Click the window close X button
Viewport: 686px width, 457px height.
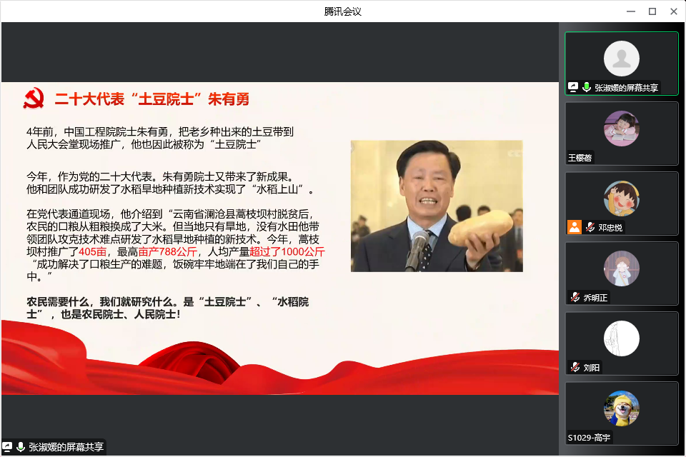tap(674, 11)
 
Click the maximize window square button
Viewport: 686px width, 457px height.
tap(652, 11)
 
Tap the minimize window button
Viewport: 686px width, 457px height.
tap(631, 11)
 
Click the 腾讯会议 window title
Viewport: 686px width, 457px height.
tap(342, 11)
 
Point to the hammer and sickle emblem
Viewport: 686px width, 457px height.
tap(34, 99)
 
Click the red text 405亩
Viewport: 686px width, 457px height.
tap(93, 252)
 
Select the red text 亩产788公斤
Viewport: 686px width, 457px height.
tap(167, 252)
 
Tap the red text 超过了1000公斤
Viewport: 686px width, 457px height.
tap(287, 252)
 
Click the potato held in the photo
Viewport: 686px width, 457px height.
tap(480, 227)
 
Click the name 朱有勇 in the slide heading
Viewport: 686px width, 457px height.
tap(229, 99)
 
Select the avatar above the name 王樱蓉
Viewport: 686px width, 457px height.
tap(621, 129)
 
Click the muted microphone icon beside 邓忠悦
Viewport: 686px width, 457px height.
tap(590, 227)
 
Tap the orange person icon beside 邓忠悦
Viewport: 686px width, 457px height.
tap(575, 227)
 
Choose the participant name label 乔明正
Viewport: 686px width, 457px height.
tap(595, 298)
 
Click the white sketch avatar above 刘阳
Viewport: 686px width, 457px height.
tap(621, 338)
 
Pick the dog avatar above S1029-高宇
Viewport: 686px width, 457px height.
tap(621, 408)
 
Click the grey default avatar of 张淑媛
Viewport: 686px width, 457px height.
tap(621, 59)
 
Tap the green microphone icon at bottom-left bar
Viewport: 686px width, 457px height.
tap(20, 447)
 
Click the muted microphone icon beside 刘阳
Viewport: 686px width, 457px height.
tap(575, 367)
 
